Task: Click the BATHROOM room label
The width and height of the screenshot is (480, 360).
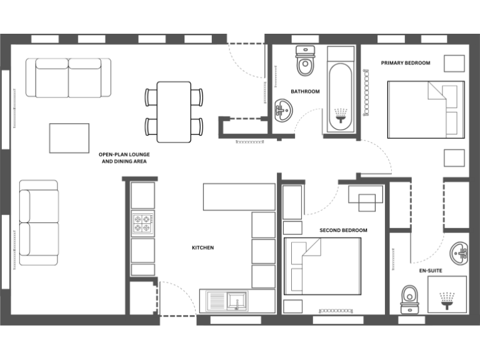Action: pyautogui.click(x=305, y=92)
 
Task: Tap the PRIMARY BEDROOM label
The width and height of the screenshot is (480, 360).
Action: pyautogui.click(x=406, y=62)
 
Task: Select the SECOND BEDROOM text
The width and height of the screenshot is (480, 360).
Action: pyautogui.click(x=343, y=231)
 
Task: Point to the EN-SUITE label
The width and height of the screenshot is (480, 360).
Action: pyautogui.click(x=431, y=271)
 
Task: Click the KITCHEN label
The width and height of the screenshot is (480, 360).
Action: pyautogui.click(x=202, y=248)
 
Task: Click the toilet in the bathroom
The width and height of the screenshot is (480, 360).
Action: pyautogui.click(x=306, y=61)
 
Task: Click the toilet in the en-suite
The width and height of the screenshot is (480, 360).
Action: pyautogui.click(x=409, y=298)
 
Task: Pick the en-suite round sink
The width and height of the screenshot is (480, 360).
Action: pyautogui.click(x=461, y=252)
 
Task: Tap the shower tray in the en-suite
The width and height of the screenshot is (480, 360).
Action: pyautogui.click(x=447, y=294)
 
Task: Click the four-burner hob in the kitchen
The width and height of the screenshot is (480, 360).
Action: pyautogui.click(x=142, y=221)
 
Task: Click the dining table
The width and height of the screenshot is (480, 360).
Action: pyautogui.click(x=174, y=111)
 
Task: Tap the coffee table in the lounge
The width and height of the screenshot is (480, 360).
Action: pyautogui.click(x=69, y=138)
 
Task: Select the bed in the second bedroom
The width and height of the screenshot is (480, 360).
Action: pyautogui.click(x=322, y=266)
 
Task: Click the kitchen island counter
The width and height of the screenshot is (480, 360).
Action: pyautogui.click(x=239, y=196)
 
